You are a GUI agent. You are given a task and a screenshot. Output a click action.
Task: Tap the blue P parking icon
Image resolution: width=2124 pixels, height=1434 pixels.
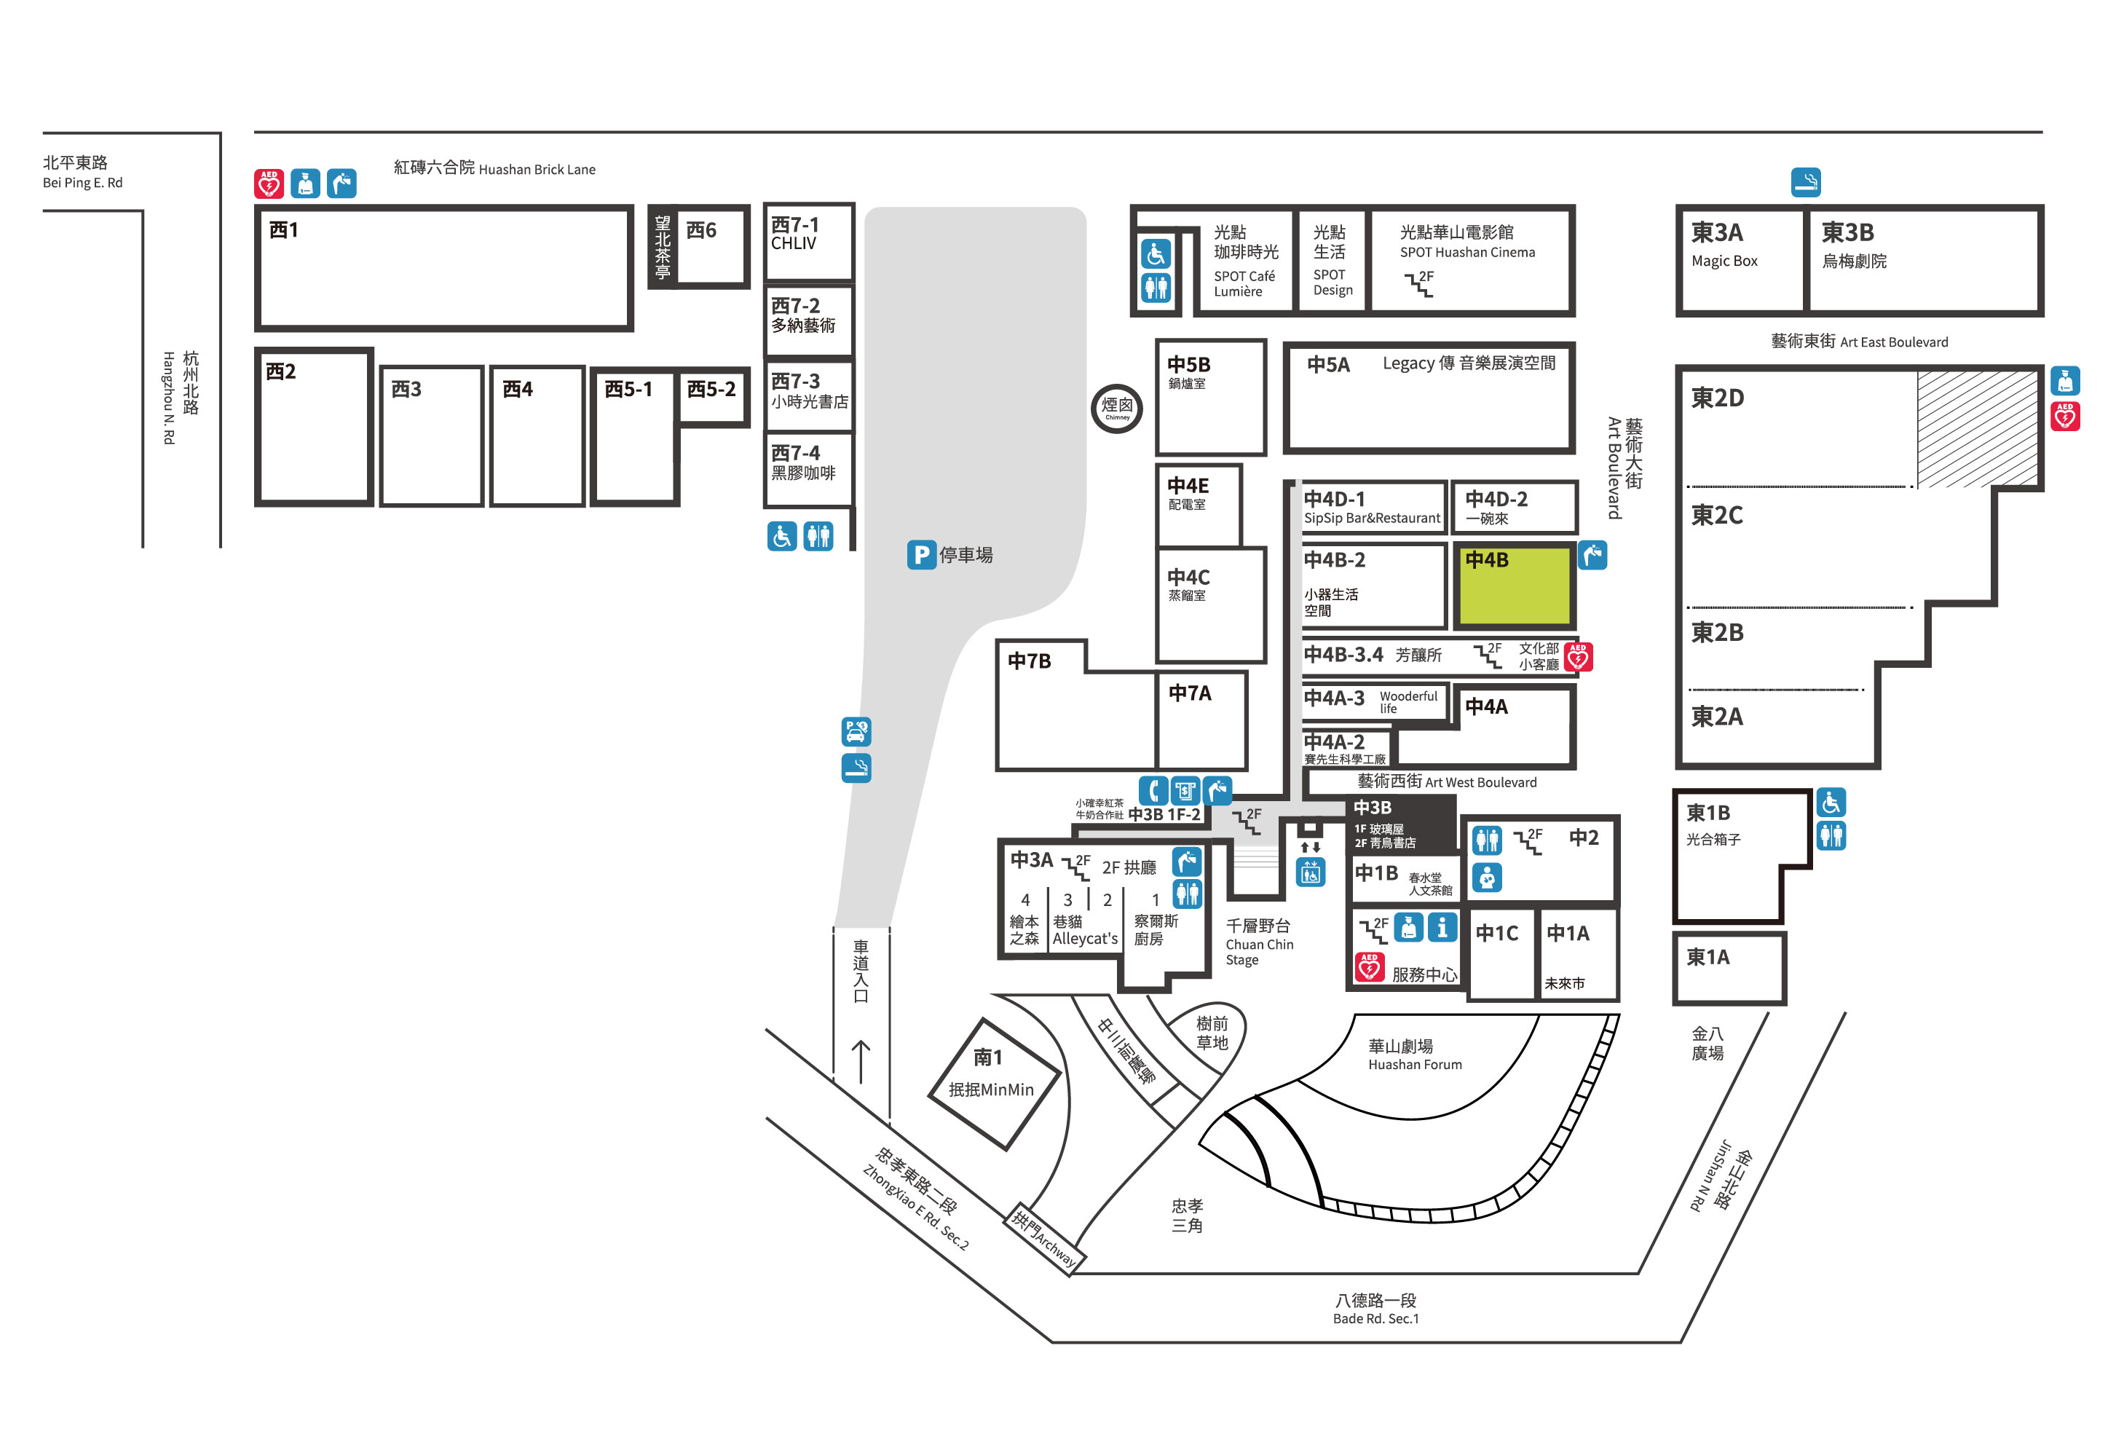[x=921, y=555]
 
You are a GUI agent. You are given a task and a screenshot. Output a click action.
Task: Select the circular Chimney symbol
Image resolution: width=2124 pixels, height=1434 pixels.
[x=1117, y=408]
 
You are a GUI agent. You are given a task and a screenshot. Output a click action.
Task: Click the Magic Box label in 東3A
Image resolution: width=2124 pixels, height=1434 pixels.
[x=1724, y=261]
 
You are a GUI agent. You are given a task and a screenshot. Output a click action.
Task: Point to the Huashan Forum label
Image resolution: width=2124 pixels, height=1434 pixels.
[x=1415, y=1065]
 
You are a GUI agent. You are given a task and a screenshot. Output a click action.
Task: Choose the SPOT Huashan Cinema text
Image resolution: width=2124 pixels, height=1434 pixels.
[x=1467, y=252]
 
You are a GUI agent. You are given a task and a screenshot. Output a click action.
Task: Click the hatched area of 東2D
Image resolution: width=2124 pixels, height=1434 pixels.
[x=1976, y=428]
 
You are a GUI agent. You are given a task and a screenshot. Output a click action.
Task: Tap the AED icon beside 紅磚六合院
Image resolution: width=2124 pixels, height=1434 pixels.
[x=269, y=184]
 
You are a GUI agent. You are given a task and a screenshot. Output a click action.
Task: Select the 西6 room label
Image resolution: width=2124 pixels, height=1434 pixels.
[x=701, y=230]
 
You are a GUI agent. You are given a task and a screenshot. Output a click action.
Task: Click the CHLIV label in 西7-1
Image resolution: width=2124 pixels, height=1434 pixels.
[x=793, y=244]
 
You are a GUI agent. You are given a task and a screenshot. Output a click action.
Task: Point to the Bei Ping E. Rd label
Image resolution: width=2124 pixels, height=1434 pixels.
[x=82, y=183]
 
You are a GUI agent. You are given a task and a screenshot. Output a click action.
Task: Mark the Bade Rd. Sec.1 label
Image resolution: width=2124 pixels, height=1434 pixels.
[x=1375, y=1319]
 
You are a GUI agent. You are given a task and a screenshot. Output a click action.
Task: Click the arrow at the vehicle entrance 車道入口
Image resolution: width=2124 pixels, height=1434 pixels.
[x=860, y=1061]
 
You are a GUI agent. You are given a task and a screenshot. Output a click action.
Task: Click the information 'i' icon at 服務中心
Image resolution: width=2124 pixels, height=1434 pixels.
[x=1442, y=928]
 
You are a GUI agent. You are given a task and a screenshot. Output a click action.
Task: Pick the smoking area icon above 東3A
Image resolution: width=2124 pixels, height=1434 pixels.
[x=1805, y=182]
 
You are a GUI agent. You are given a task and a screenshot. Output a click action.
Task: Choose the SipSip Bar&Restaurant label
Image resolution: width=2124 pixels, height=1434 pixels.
[x=1372, y=519]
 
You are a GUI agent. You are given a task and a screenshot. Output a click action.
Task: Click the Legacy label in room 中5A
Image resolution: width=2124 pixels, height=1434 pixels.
[x=1408, y=363]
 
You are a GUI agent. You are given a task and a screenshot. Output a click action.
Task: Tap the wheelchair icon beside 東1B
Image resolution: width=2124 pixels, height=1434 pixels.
[x=1831, y=803]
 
